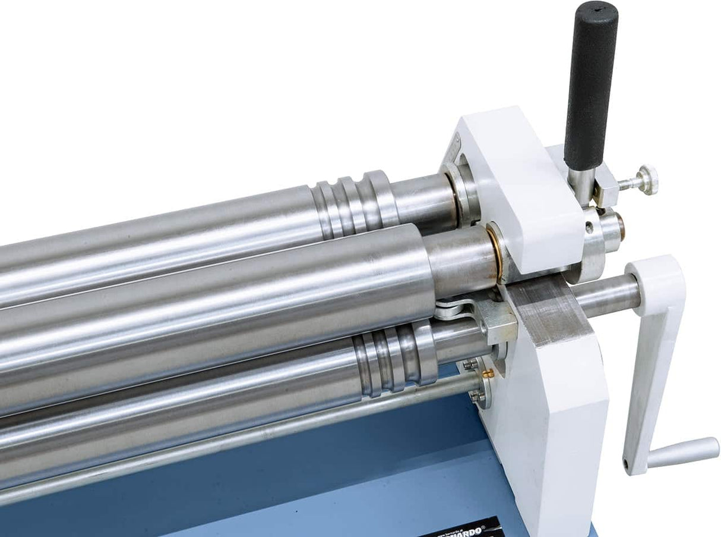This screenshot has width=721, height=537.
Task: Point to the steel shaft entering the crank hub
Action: (x=606, y=296)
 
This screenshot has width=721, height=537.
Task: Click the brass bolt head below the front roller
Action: (x=489, y=373)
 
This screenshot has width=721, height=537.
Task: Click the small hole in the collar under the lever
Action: (x=589, y=227)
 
